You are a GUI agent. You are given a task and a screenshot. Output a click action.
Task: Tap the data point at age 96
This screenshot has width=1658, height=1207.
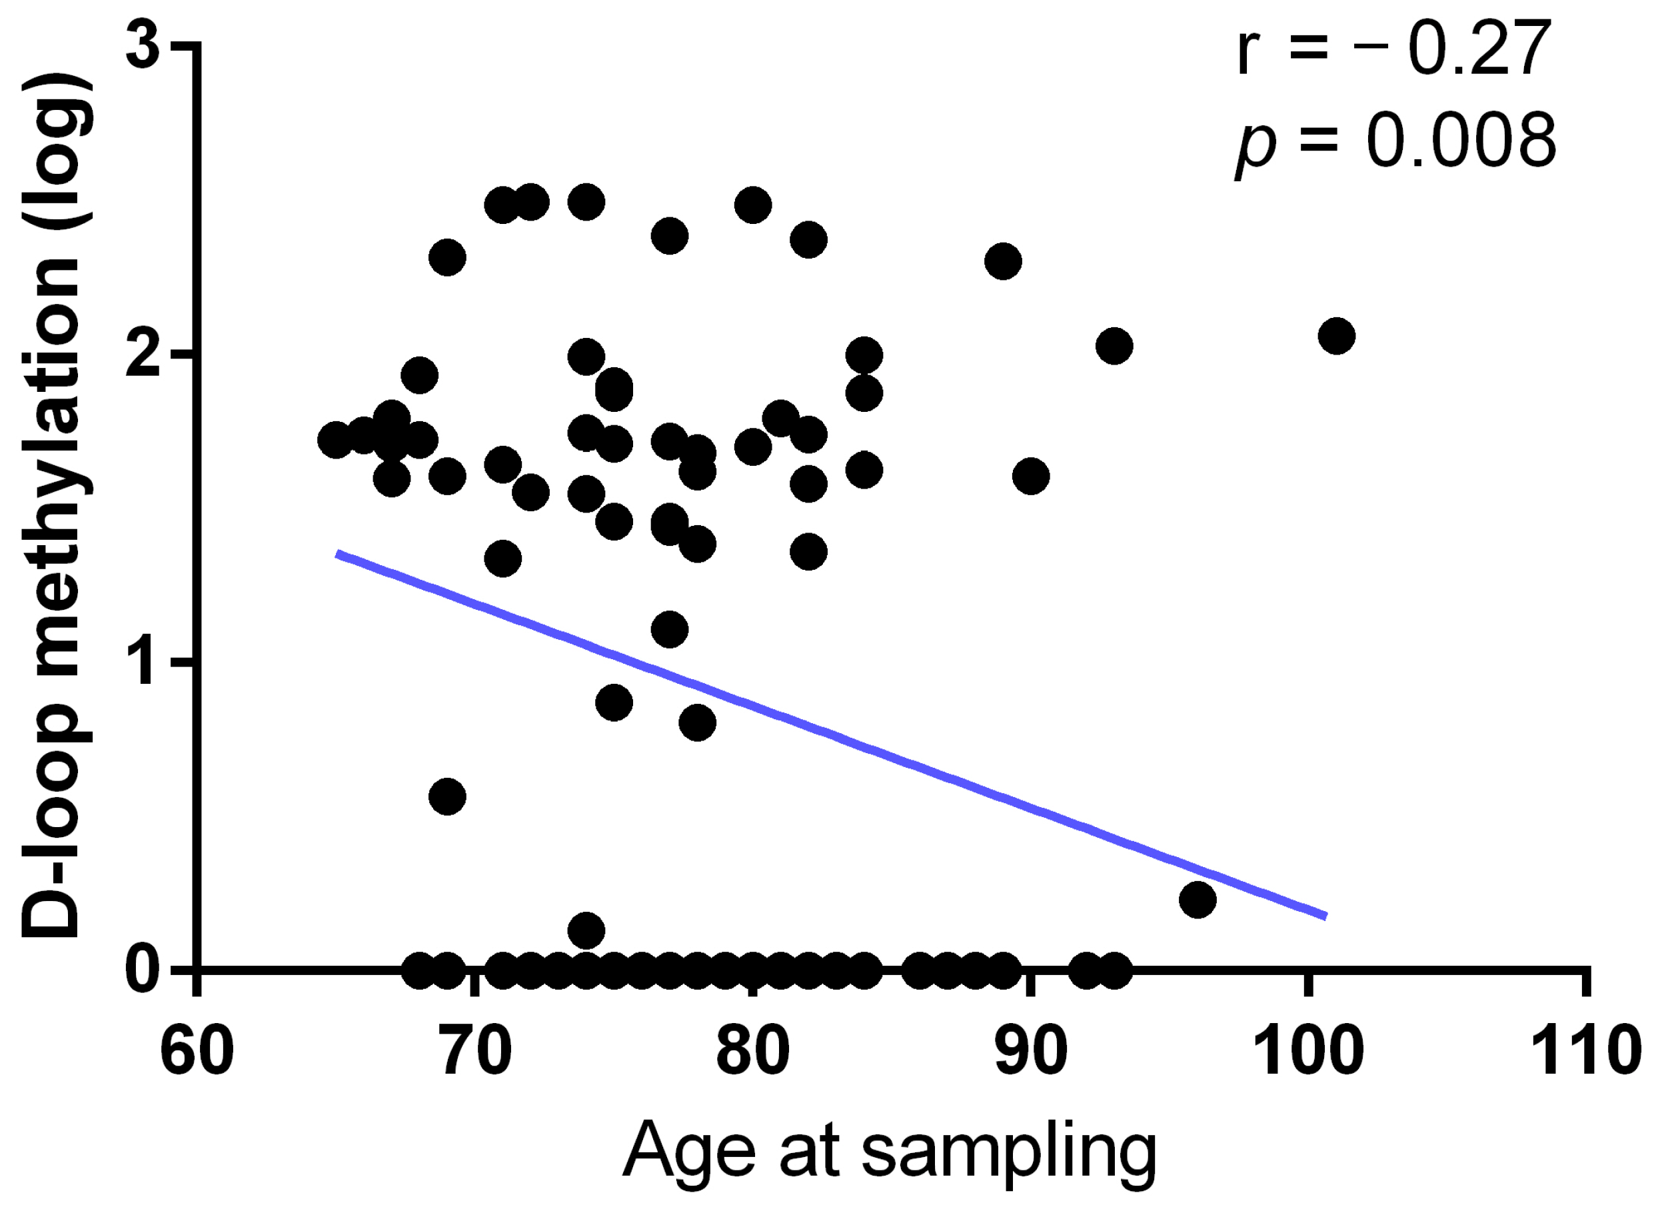(1198, 899)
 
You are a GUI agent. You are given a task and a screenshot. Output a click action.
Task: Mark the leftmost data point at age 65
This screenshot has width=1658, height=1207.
(337, 439)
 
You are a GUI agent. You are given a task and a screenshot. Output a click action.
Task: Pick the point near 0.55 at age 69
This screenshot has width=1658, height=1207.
(447, 796)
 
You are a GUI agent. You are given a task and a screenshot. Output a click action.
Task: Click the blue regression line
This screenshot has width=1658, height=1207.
(830, 734)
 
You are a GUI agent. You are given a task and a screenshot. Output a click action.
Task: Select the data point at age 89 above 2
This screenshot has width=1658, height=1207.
(1003, 261)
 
